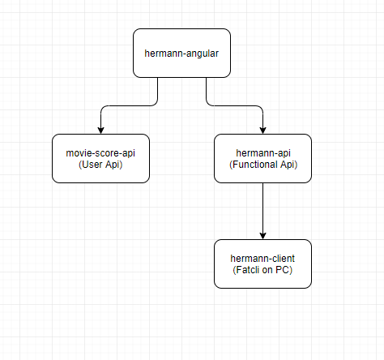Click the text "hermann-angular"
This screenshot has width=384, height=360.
(x=181, y=54)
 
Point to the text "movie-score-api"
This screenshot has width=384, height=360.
(x=100, y=152)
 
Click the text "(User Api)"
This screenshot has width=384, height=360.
(x=100, y=165)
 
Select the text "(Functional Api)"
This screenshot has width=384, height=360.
(x=262, y=165)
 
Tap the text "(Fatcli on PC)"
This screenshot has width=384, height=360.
(x=262, y=270)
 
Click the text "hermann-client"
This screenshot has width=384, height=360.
(x=262, y=258)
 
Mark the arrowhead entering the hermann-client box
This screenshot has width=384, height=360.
(x=262, y=234)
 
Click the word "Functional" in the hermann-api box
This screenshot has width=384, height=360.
(x=258, y=165)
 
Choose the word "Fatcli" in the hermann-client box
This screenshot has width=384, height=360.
(x=246, y=270)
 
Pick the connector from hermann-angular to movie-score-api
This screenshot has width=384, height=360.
(x=130, y=105)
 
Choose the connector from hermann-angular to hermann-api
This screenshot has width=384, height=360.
(x=235, y=105)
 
